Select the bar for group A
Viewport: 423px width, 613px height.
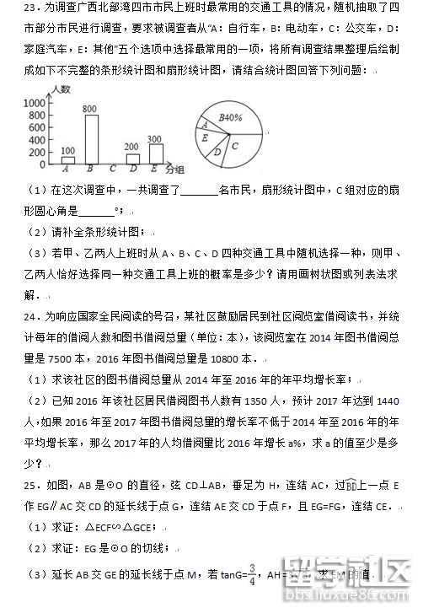69,159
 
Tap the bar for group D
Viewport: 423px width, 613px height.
131,157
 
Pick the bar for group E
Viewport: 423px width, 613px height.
154,153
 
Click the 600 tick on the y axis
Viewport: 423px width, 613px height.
36,126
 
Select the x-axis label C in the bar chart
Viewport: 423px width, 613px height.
111,169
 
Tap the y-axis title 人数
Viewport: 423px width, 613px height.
59,89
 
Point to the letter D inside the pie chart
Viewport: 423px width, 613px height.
217,152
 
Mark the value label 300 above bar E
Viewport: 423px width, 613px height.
154,138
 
